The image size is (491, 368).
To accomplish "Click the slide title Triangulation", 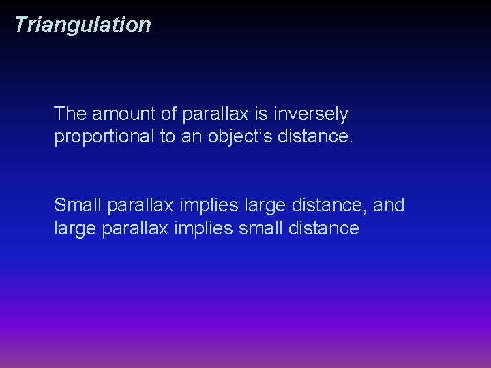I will point(82,25).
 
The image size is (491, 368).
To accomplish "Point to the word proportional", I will point(104,136).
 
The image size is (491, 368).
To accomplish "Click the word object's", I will point(240,136).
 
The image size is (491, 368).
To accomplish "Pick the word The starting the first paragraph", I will point(70,114).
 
